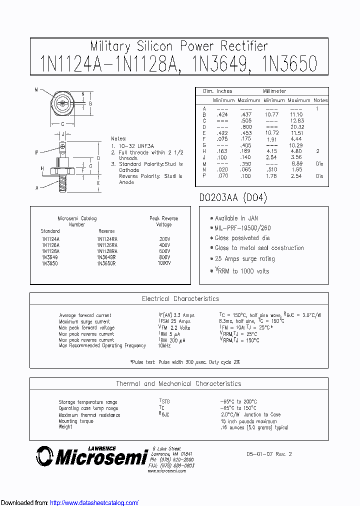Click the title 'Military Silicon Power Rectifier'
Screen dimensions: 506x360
[x=179, y=46]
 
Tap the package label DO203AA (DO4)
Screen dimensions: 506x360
[x=233, y=198]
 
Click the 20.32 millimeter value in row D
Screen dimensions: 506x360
[x=296, y=127]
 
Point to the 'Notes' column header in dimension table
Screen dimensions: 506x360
[x=320, y=100]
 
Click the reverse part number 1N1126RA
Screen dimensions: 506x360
[x=107, y=245]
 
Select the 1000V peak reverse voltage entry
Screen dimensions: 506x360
[x=164, y=263]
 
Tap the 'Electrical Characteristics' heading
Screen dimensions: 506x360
[x=180, y=299]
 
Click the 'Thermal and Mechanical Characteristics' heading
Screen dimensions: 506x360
[x=178, y=384]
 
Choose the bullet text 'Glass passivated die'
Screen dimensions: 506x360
[x=242, y=238]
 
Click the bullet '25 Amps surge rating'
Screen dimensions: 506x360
[x=245, y=259]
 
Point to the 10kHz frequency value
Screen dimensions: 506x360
[x=164, y=345]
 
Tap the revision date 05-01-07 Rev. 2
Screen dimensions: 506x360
[x=268, y=454]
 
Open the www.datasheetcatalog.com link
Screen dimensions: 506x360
[x=94, y=502]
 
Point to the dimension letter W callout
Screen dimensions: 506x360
[x=36, y=90]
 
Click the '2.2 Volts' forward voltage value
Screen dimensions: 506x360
[x=179, y=328]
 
